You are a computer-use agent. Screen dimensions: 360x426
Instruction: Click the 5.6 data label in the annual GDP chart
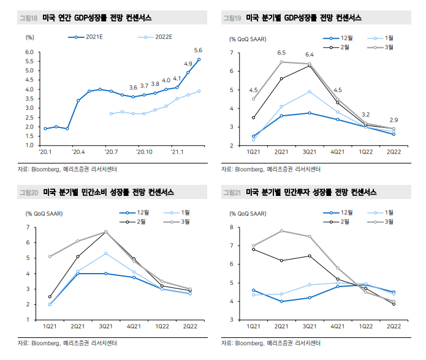pos(198,50)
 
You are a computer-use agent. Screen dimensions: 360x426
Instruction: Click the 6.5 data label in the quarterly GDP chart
pos(281,53)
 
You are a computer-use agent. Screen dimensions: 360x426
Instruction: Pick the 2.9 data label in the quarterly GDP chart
pos(394,119)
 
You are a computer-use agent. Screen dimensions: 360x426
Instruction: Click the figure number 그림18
pos(29,18)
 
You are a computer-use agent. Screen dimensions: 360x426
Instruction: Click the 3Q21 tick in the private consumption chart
pos(105,328)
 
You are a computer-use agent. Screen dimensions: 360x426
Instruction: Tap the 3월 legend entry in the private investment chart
pos(390,220)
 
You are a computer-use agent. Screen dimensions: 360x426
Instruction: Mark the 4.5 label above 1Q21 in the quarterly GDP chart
pos(253,90)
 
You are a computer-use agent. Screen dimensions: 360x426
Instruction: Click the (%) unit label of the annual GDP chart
pos(29,37)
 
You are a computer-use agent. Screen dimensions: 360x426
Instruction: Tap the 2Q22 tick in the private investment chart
pos(394,328)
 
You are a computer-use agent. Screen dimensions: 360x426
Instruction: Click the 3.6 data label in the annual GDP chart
pos(133,88)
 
